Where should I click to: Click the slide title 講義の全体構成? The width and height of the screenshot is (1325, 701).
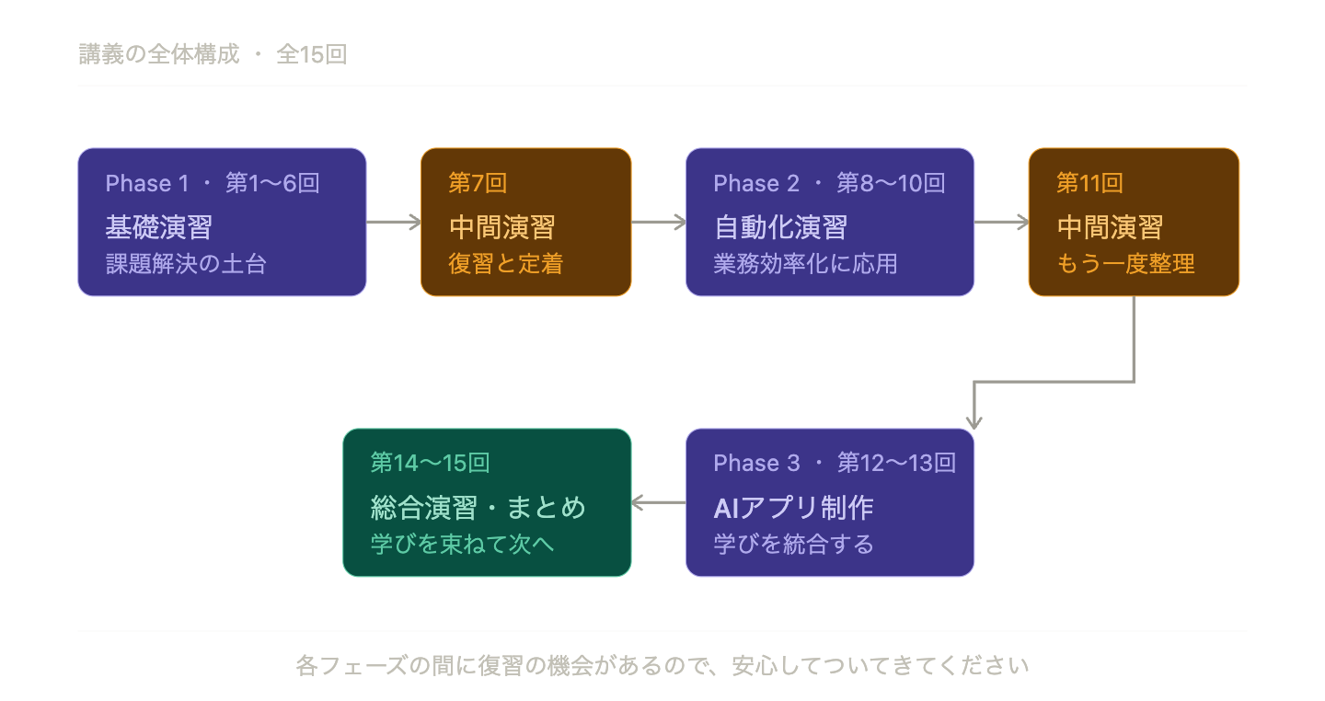tap(158, 55)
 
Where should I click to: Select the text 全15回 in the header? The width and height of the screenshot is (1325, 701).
tap(311, 55)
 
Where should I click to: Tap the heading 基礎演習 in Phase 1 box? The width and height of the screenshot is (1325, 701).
tap(158, 226)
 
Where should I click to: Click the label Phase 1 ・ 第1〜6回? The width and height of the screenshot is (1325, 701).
tap(213, 184)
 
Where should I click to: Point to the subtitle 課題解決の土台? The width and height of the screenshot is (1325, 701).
tap(186, 264)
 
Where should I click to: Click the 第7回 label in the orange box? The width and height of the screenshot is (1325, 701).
tap(478, 184)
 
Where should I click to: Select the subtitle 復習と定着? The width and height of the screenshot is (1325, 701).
tap(505, 264)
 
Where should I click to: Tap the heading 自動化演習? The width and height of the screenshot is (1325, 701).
tap(780, 226)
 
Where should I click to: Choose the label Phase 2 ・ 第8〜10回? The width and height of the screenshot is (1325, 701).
tap(829, 184)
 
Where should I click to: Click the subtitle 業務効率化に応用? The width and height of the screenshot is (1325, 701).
tap(805, 264)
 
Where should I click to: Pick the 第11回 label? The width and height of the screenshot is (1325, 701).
tap(1089, 184)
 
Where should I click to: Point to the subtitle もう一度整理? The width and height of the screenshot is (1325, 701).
tap(1125, 264)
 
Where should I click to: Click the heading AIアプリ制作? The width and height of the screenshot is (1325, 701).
tap(793, 507)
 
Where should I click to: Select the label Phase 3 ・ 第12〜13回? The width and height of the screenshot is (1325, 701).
tap(835, 464)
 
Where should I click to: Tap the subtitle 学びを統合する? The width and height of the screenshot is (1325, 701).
tap(793, 544)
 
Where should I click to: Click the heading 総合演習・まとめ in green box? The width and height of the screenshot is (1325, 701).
tap(478, 507)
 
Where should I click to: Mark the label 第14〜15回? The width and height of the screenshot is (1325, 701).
tap(430, 464)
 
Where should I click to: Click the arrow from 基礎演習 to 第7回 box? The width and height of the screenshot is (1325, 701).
tap(393, 222)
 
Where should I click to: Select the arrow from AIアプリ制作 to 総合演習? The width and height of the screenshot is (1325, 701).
tap(658, 502)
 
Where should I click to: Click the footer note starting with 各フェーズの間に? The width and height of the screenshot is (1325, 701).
tap(662, 665)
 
